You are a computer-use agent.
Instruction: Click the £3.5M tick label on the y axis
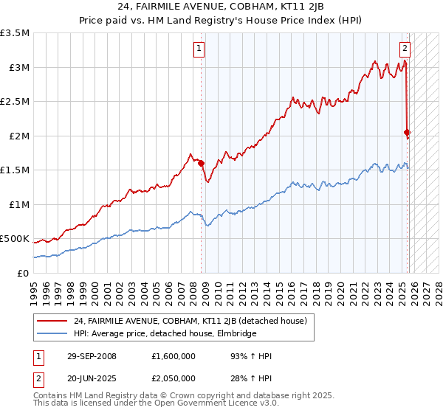[x=15, y=33]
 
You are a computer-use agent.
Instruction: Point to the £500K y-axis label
[x=15, y=239]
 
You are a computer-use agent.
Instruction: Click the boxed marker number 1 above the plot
[x=200, y=49]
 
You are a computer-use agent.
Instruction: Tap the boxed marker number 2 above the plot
[x=405, y=49]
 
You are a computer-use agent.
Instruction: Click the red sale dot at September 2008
[x=201, y=164]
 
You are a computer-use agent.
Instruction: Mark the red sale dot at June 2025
[x=407, y=133]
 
